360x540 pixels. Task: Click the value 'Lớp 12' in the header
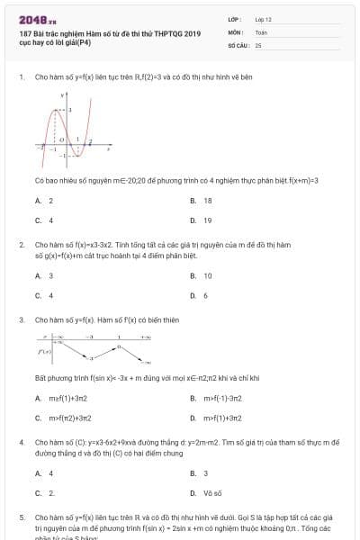point(263,19)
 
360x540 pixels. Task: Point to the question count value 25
point(258,44)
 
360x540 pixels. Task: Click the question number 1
point(21,77)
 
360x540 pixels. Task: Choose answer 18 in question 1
point(208,201)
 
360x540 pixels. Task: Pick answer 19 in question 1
point(208,220)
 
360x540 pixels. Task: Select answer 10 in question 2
point(208,276)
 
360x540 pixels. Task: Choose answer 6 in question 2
point(206,295)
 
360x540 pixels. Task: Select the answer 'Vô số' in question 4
point(211,492)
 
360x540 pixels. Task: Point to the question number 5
point(21,518)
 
